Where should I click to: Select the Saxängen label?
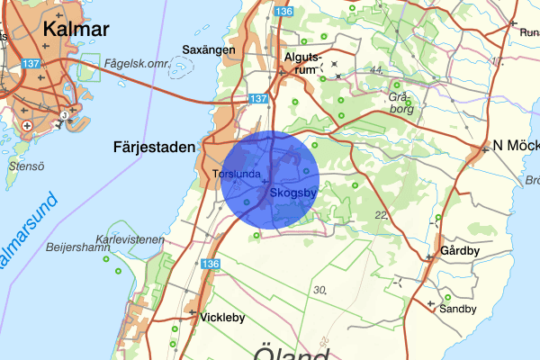point(209,49)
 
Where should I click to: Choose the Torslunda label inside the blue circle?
point(237,174)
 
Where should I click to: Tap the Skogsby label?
point(293,192)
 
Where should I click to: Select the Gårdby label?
point(460,251)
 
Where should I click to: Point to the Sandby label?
point(458,308)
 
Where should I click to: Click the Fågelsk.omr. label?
point(135,63)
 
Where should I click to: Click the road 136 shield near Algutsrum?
point(285,11)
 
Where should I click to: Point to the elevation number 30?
point(319,290)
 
